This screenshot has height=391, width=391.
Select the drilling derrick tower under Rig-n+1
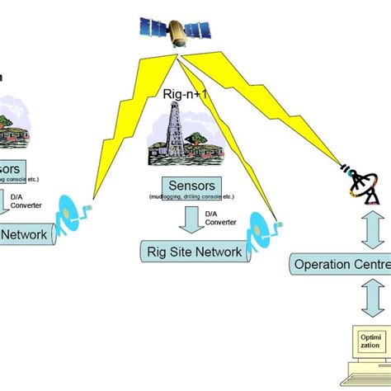176,132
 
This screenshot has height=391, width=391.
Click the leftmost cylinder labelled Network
25,235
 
